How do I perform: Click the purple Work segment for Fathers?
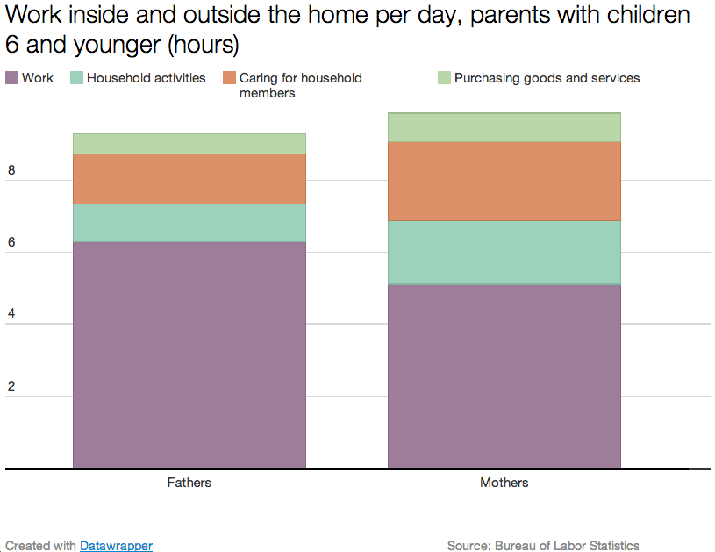pyautogui.click(x=189, y=355)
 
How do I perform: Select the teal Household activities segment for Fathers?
pyautogui.click(x=189, y=223)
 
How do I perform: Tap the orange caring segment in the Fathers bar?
pyautogui.click(x=189, y=179)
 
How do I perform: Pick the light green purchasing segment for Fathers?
pyautogui.click(x=189, y=144)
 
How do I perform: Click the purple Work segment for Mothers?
pyautogui.click(x=504, y=376)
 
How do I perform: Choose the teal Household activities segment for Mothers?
pyautogui.click(x=504, y=253)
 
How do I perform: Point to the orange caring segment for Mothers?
pyautogui.click(x=504, y=181)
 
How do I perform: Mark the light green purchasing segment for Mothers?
pyautogui.click(x=504, y=127)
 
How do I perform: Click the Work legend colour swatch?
pyautogui.click(x=12, y=77)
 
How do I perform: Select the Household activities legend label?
pyautogui.click(x=147, y=78)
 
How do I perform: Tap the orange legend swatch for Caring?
pyautogui.click(x=229, y=77)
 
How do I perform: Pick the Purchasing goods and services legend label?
pyautogui.click(x=547, y=78)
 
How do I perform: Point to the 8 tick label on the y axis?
pyautogui.click(x=11, y=170)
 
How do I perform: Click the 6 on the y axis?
pyautogui.click(x=11, y=242)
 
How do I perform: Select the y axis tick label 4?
pyautogui.click(x=11, y=313)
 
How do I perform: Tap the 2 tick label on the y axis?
pyautogui.click(x=11, y=386)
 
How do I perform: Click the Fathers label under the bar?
pyautogui.click(x=189, y=483)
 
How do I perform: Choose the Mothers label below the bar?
pyautogui.click(x=504, y=483)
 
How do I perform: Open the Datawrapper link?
pyautogui.click(x=117, y=546)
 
